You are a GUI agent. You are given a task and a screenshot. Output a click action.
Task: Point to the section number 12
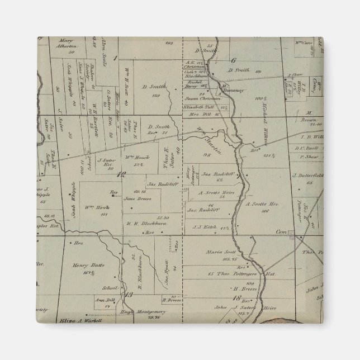[x=120, y=176]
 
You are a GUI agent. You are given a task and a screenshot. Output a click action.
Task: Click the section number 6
[x=234, y=60]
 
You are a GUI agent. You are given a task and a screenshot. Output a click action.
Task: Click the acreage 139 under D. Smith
[x=157, y=94]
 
